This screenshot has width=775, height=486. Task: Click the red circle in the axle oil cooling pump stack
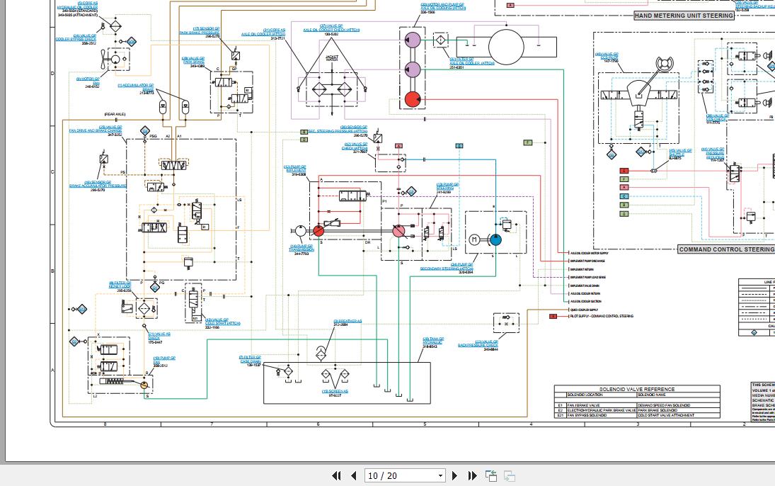point(411,99)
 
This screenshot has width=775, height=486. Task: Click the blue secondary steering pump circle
point(495,239)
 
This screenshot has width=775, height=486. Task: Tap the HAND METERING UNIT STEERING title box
point(684,16)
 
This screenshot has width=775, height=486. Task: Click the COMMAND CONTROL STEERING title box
point(726,249)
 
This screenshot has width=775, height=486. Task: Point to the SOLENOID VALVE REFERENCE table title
point(637,389)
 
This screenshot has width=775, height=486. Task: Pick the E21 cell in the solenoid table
point(560,415)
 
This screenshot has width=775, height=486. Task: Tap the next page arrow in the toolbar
point(455,476)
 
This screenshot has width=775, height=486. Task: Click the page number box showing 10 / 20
point(405,476)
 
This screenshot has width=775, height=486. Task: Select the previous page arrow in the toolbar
point(354,476)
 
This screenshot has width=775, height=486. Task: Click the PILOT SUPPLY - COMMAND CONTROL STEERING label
point(601,316)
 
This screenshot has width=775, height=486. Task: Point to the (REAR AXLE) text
point(115,114)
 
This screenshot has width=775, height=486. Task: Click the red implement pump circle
point(318,231)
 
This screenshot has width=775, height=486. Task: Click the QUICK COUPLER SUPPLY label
point(584,310)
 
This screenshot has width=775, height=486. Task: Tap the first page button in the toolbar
point(336,476)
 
